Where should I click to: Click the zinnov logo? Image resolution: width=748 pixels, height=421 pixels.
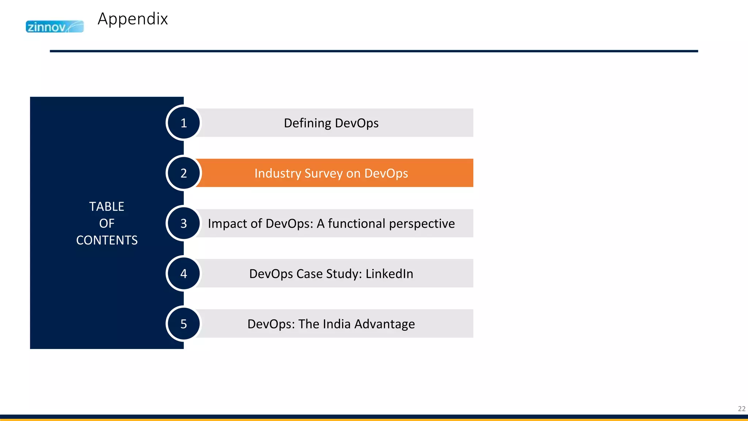(54, 27)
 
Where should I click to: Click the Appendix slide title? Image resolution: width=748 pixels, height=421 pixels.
(133, 19)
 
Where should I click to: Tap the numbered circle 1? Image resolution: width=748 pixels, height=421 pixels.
(184, 123)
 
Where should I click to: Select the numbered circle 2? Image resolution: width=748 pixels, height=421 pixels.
(184, 173)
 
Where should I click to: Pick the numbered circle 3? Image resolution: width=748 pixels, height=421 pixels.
(184, 223)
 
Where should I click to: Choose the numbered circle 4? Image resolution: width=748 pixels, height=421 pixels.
(184, 273)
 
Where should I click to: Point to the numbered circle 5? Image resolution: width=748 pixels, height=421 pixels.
(184, 324)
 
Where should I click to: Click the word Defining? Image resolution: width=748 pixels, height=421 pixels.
(307, 123)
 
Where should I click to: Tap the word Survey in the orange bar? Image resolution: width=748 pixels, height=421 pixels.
(324, 173)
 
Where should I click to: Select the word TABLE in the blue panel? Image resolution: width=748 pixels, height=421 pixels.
(107, 206)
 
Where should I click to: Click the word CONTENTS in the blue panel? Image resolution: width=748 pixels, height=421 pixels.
(107, 240)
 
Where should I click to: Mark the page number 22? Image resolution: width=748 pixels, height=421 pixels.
(741, 409)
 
